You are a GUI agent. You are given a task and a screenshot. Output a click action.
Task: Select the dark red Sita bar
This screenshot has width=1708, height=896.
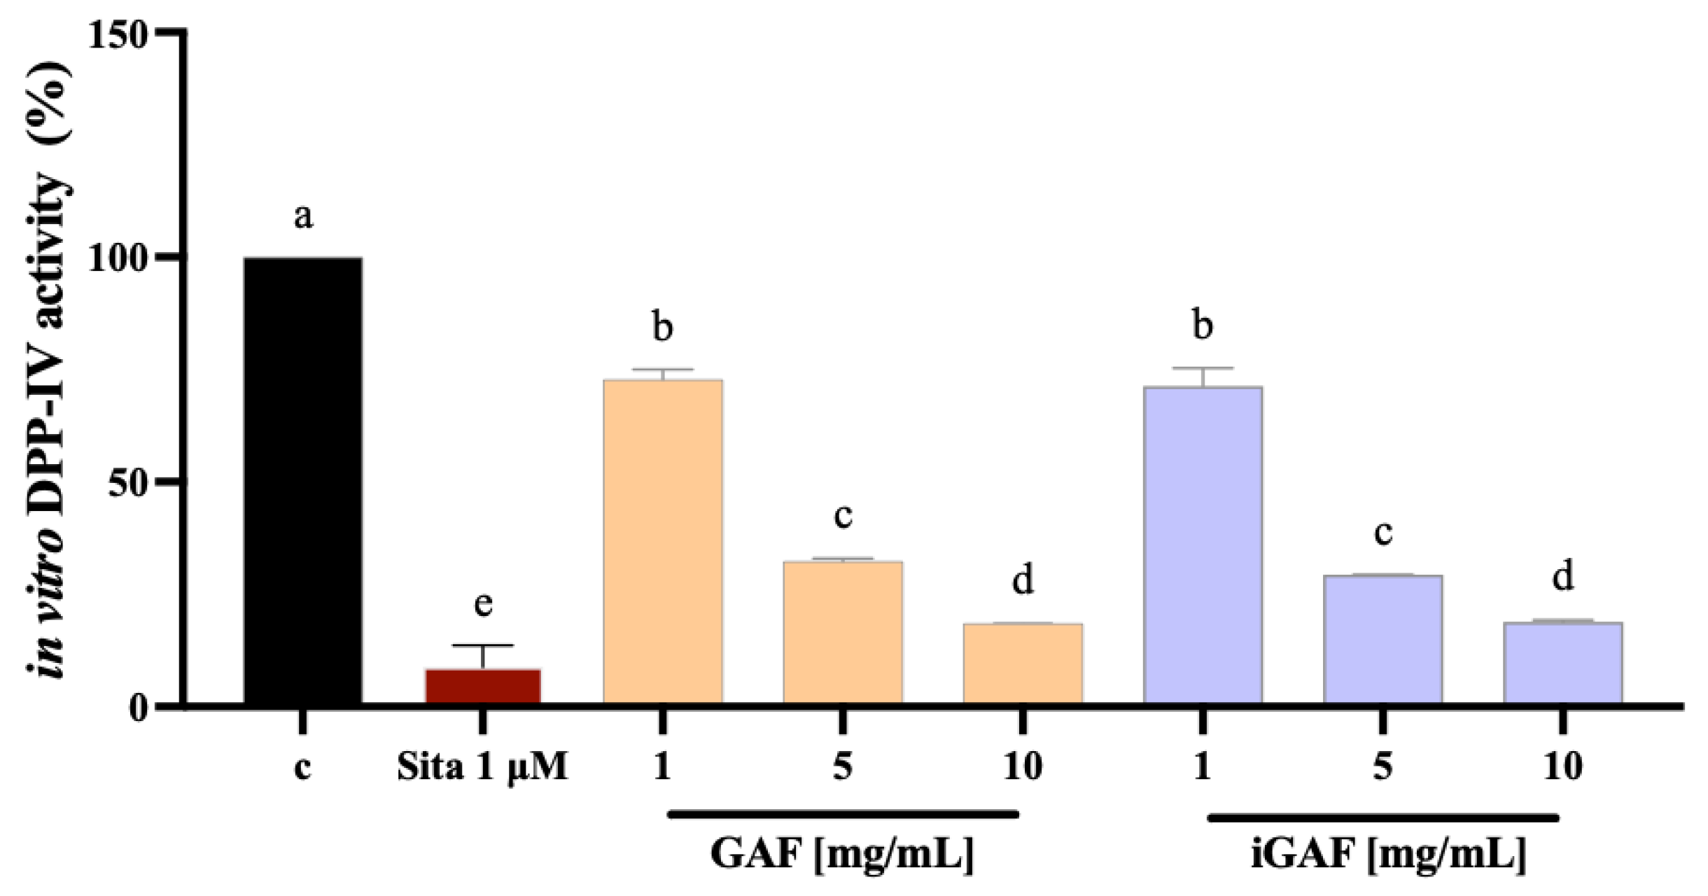[483, 686]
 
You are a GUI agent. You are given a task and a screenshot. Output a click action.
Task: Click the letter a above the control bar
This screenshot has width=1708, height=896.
[302, 216]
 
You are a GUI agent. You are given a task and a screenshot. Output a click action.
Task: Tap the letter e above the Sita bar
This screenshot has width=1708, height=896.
[483, 603]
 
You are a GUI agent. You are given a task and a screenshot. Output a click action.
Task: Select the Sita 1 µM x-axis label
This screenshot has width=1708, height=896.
[482, 766]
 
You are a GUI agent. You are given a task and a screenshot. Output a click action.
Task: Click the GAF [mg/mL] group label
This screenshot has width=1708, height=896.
[842, 853]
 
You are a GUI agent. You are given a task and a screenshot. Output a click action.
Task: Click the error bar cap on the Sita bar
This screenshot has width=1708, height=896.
[483, 645]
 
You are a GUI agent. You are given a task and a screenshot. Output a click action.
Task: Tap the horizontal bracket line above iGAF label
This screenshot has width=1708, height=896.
[1383, 818]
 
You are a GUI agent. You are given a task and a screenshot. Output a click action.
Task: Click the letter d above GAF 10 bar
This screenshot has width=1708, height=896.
[1023, 580]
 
